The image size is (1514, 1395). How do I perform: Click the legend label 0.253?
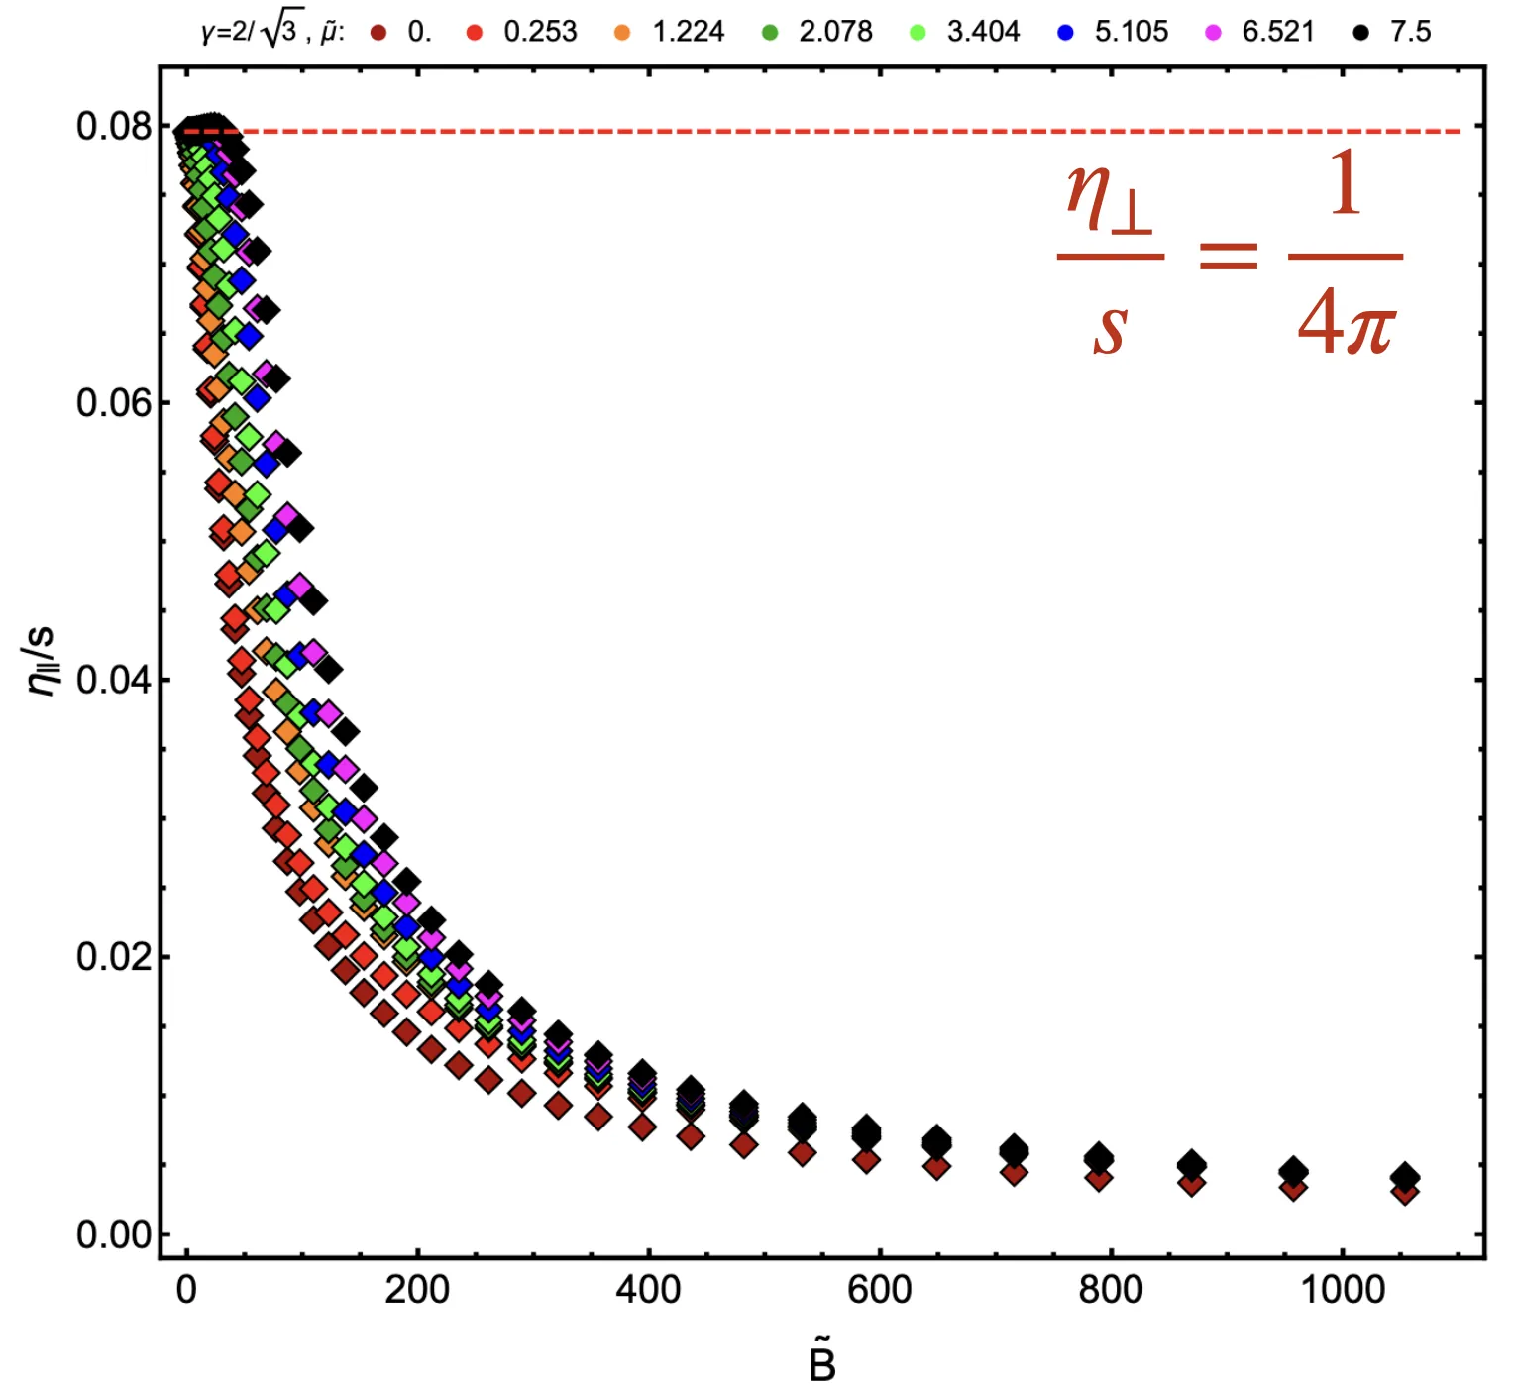[x=540, y=32]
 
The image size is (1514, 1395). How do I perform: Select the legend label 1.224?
[x=688, y=32]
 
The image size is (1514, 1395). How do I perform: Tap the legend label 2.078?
[x=835, y=32]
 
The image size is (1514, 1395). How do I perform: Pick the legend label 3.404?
[x=983, y=32]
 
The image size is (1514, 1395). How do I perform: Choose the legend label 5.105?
[x=1131, y=32]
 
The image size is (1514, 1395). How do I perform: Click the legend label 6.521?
[x=1278, y=32]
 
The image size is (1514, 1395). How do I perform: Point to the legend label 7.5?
[x=1410, y=32]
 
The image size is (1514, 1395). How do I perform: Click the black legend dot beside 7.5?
[x=1361, y=33]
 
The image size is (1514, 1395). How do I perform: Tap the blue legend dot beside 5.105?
[x=1066, y=33]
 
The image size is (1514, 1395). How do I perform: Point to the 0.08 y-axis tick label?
[x=114, y=127]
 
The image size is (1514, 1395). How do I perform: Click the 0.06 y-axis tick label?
[x=114, y=403]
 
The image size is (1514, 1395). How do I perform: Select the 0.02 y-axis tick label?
[x=114, y=957]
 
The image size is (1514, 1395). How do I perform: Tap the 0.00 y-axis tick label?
[x=114, y=1234]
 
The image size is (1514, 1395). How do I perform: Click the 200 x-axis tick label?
[x=417, y=1290]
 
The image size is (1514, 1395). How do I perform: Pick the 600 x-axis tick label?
[x=879, y=1290]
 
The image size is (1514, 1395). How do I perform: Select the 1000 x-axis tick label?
[x=1342, y=1290]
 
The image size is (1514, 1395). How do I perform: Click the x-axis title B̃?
[x=821, y=1362]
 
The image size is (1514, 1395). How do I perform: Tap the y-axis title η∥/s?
[x=42, y=661]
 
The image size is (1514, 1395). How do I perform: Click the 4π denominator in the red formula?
[x=1346, y=323]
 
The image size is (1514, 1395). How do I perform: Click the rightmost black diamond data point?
[x=1404, y=1177]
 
